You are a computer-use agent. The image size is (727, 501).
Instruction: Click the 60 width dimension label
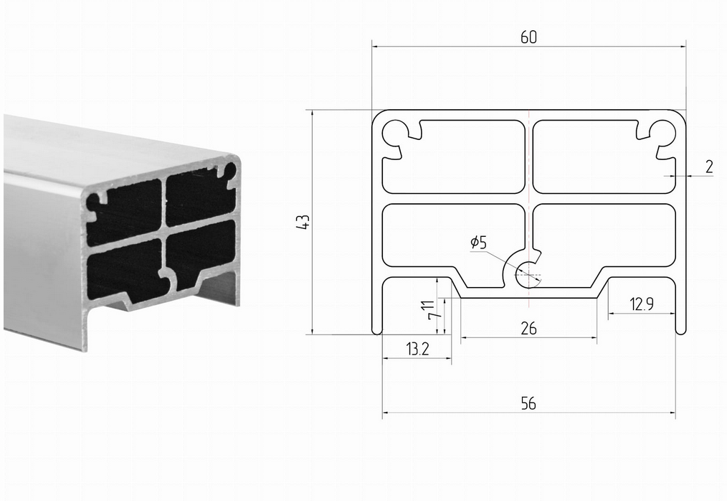(528, 37)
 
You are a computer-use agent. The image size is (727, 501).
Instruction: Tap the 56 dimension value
(528, 403)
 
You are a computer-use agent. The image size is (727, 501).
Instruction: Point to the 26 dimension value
(528, 328)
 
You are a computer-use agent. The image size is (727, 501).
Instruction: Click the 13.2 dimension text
(418, 348)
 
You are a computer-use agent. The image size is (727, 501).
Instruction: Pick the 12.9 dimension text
(642, 304)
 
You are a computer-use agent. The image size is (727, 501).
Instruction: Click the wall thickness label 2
(709, 167)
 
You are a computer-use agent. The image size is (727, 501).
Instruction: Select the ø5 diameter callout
(478, 242)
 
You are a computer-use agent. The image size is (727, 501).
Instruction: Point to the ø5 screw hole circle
(528, 274)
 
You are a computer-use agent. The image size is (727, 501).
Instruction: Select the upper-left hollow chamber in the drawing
(453, 157)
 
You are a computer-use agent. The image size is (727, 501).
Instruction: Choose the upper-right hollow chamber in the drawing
(604, 157)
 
